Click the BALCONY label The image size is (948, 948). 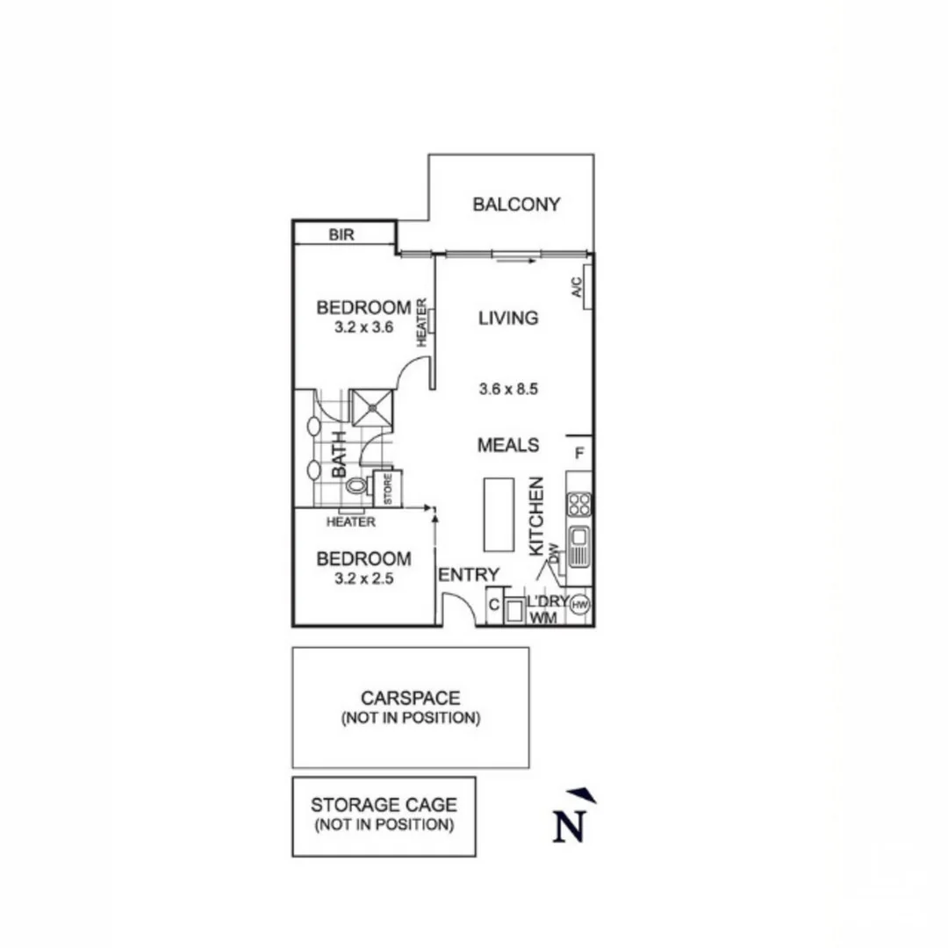tap(516, 205)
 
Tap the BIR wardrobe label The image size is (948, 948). tap(341, 235)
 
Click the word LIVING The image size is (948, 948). tap(508, 318)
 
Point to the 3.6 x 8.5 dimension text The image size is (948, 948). tap(509, 388)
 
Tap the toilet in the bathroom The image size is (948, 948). tap(355, 485)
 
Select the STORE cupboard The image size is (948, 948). tap(388, 488)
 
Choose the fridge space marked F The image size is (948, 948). tap(579, 454)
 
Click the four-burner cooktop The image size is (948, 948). tap(579, 504)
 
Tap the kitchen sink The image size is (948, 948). tap(579, 546)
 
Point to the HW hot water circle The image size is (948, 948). tap(579, 604)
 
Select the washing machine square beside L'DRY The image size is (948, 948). tap(513, 608)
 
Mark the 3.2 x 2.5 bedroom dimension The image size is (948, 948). tap(363, 579)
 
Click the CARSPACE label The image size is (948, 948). tap(411, 699)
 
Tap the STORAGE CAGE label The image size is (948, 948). tap(384, 805)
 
